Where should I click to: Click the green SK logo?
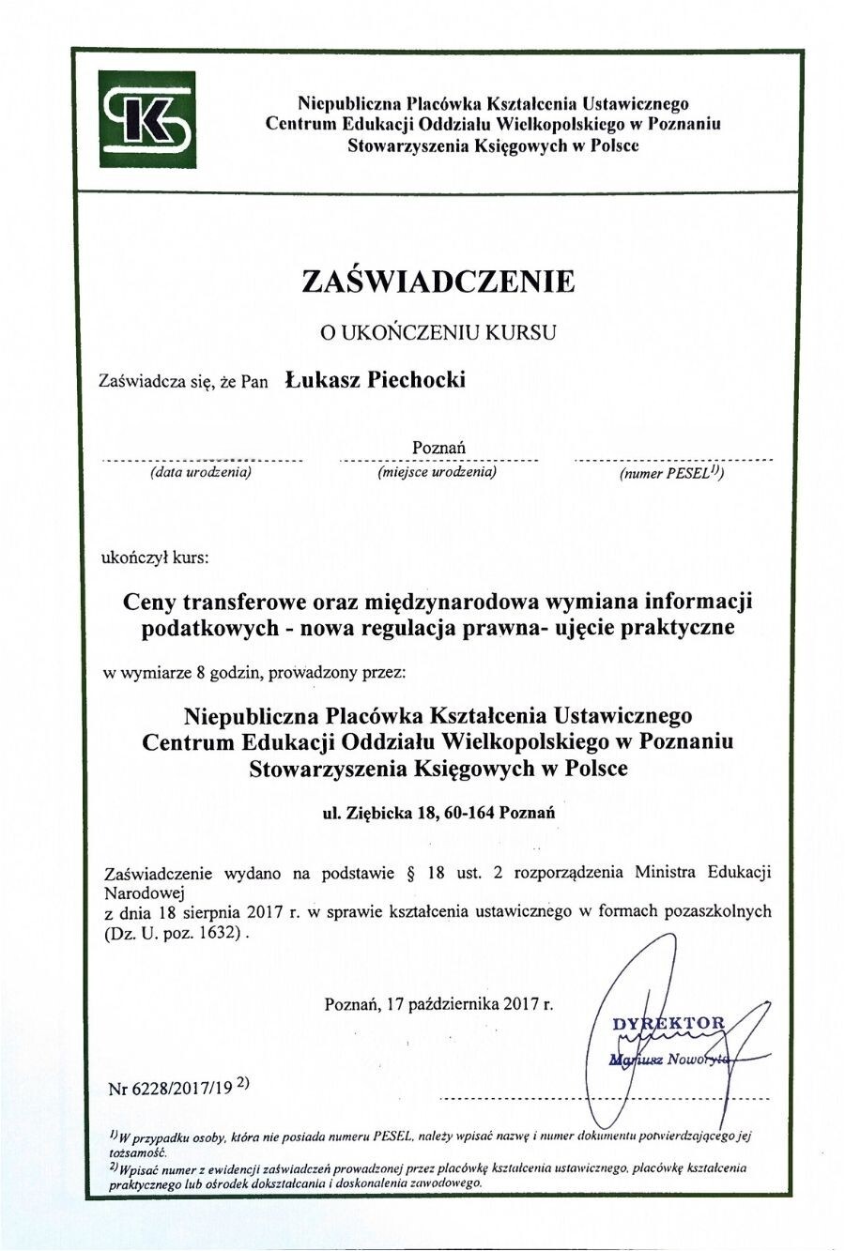[147, 119]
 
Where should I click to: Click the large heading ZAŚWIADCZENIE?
[438, 282]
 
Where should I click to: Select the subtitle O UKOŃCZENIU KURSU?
[438, 331]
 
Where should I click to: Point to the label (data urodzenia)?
[201, 473]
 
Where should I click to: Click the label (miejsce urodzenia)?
[438, 473]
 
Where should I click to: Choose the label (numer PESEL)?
[670, 474]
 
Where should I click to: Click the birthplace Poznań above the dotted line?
[438, 448]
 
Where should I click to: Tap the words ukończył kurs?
[156, 557]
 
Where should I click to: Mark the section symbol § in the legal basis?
[410, 872]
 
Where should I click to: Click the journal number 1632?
[222, 934]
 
